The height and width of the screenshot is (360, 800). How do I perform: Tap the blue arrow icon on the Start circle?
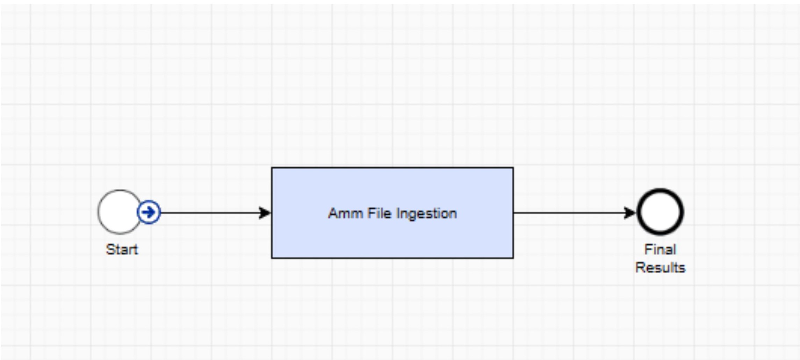click(x=149, y=212)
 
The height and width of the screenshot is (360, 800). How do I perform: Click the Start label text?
click(x=122, y=250)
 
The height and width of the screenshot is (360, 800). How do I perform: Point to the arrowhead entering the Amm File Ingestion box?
click(x=265, y=213)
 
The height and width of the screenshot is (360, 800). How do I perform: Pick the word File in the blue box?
click(x=379, y=213)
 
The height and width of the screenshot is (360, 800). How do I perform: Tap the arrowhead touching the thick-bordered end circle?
click(x=630, y=213)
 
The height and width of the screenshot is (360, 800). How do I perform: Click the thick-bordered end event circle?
click(x=660, y=191)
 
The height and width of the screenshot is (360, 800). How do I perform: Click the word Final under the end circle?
click(x=660, y=250)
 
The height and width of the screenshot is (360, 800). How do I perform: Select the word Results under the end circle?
click(x=660, y=268)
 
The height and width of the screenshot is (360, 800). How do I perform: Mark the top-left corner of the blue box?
click(x=272, y=168)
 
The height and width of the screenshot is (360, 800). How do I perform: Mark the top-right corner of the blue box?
click(x=513, y=168)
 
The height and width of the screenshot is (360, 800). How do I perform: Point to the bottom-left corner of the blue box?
click(x=272, y=258)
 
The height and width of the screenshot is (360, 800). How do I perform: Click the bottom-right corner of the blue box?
click(x=513, y=258)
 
